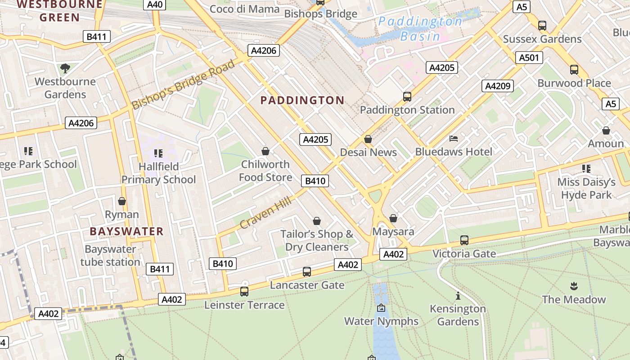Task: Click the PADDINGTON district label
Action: click(x=302, y=100)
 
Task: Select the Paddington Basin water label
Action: click(x=420, y=29)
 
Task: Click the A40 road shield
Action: click(x=155, y=4)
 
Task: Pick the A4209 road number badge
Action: click(x=497, y=86)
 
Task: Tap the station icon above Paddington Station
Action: click(x=407, y=96)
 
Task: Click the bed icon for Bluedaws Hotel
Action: click(x=454, y=138)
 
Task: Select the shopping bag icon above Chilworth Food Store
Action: click(x=265, y=151)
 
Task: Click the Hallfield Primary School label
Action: click(x=158, y=173)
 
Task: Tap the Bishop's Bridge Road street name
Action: click(x=184, y=85)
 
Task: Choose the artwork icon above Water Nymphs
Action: click(x=381, y=308)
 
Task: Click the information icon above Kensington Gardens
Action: click(x=458, y=296)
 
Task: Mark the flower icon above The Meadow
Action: click(x=574, y=286)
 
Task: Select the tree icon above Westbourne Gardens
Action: click(x=65, y=68)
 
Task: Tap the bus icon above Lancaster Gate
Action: click(x=307, y=271)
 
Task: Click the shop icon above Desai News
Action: click(x=368, y=139)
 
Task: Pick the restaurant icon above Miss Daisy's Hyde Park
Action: click(x=586, y=169)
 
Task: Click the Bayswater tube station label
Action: click(x=110, y=256)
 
